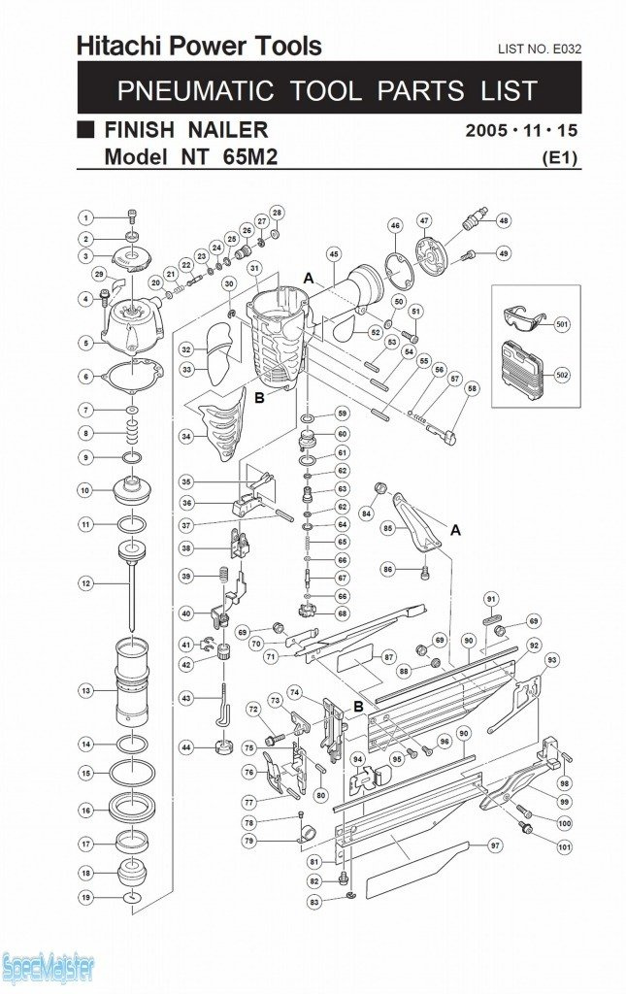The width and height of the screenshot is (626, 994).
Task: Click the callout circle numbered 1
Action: click(x=85, y=217)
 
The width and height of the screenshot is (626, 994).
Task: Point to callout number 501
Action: click(x=561, y=324)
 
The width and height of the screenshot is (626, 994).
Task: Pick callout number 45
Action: click(x=334, y=254)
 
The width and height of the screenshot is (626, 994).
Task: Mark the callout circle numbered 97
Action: click(x=496, y=845)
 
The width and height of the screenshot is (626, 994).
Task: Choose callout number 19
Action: click(x=85, y=898)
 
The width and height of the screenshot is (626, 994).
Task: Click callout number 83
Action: click(x=313, y=902)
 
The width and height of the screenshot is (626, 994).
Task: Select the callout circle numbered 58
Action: click(x=473, y=388)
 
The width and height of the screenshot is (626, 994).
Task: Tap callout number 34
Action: click(x=186, y=437)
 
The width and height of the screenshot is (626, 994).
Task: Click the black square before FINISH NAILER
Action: click(x=85, y=129)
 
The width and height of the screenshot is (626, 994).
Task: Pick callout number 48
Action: click(x=504, y=220)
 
